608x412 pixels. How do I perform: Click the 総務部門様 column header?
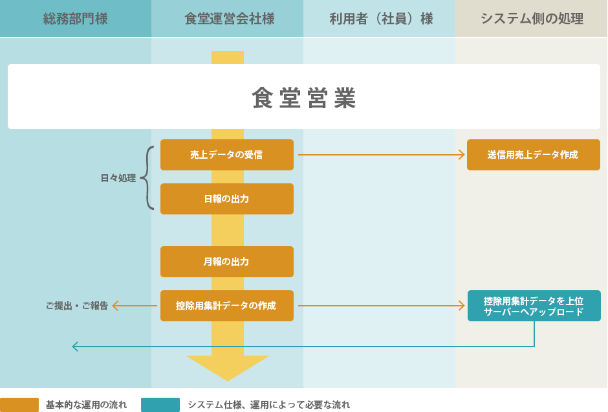click(76, 19)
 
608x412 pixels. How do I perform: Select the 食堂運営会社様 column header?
click(228, 19)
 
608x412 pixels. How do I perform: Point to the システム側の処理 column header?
click(531, 19)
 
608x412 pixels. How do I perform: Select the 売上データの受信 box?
click(227, 155)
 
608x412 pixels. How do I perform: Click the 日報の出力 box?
click(227, 199)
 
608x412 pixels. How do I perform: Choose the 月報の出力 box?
click(227, 262)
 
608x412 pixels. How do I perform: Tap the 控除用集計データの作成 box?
click(227, 306)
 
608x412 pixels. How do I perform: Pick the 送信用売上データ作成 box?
click(533, 155)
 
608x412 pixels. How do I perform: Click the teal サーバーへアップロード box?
click(534, 306)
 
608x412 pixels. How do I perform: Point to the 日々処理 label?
click(118, 178)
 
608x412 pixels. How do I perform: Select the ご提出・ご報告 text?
click(76, 306)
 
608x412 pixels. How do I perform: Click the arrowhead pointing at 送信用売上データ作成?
click(462, 155)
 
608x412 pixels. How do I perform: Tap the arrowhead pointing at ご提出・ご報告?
click(116, 306)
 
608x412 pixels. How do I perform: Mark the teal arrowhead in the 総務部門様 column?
click(75, 347)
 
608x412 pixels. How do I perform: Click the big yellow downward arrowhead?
click(228, 367)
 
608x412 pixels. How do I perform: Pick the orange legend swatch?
click(19, 405)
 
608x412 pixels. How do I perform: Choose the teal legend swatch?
click(160, 405)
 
